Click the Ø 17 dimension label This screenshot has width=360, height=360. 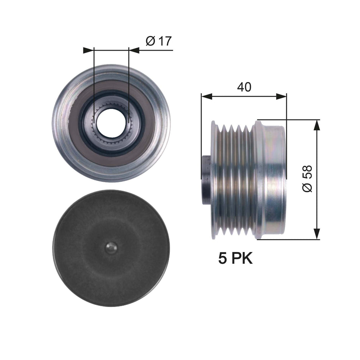click(x=158, y=41)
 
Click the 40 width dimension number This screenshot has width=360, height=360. click(x=244, y=87)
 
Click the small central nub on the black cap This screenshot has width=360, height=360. click(x=111, y=248)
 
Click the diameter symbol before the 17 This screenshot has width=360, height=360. click(x=150, y=41)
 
